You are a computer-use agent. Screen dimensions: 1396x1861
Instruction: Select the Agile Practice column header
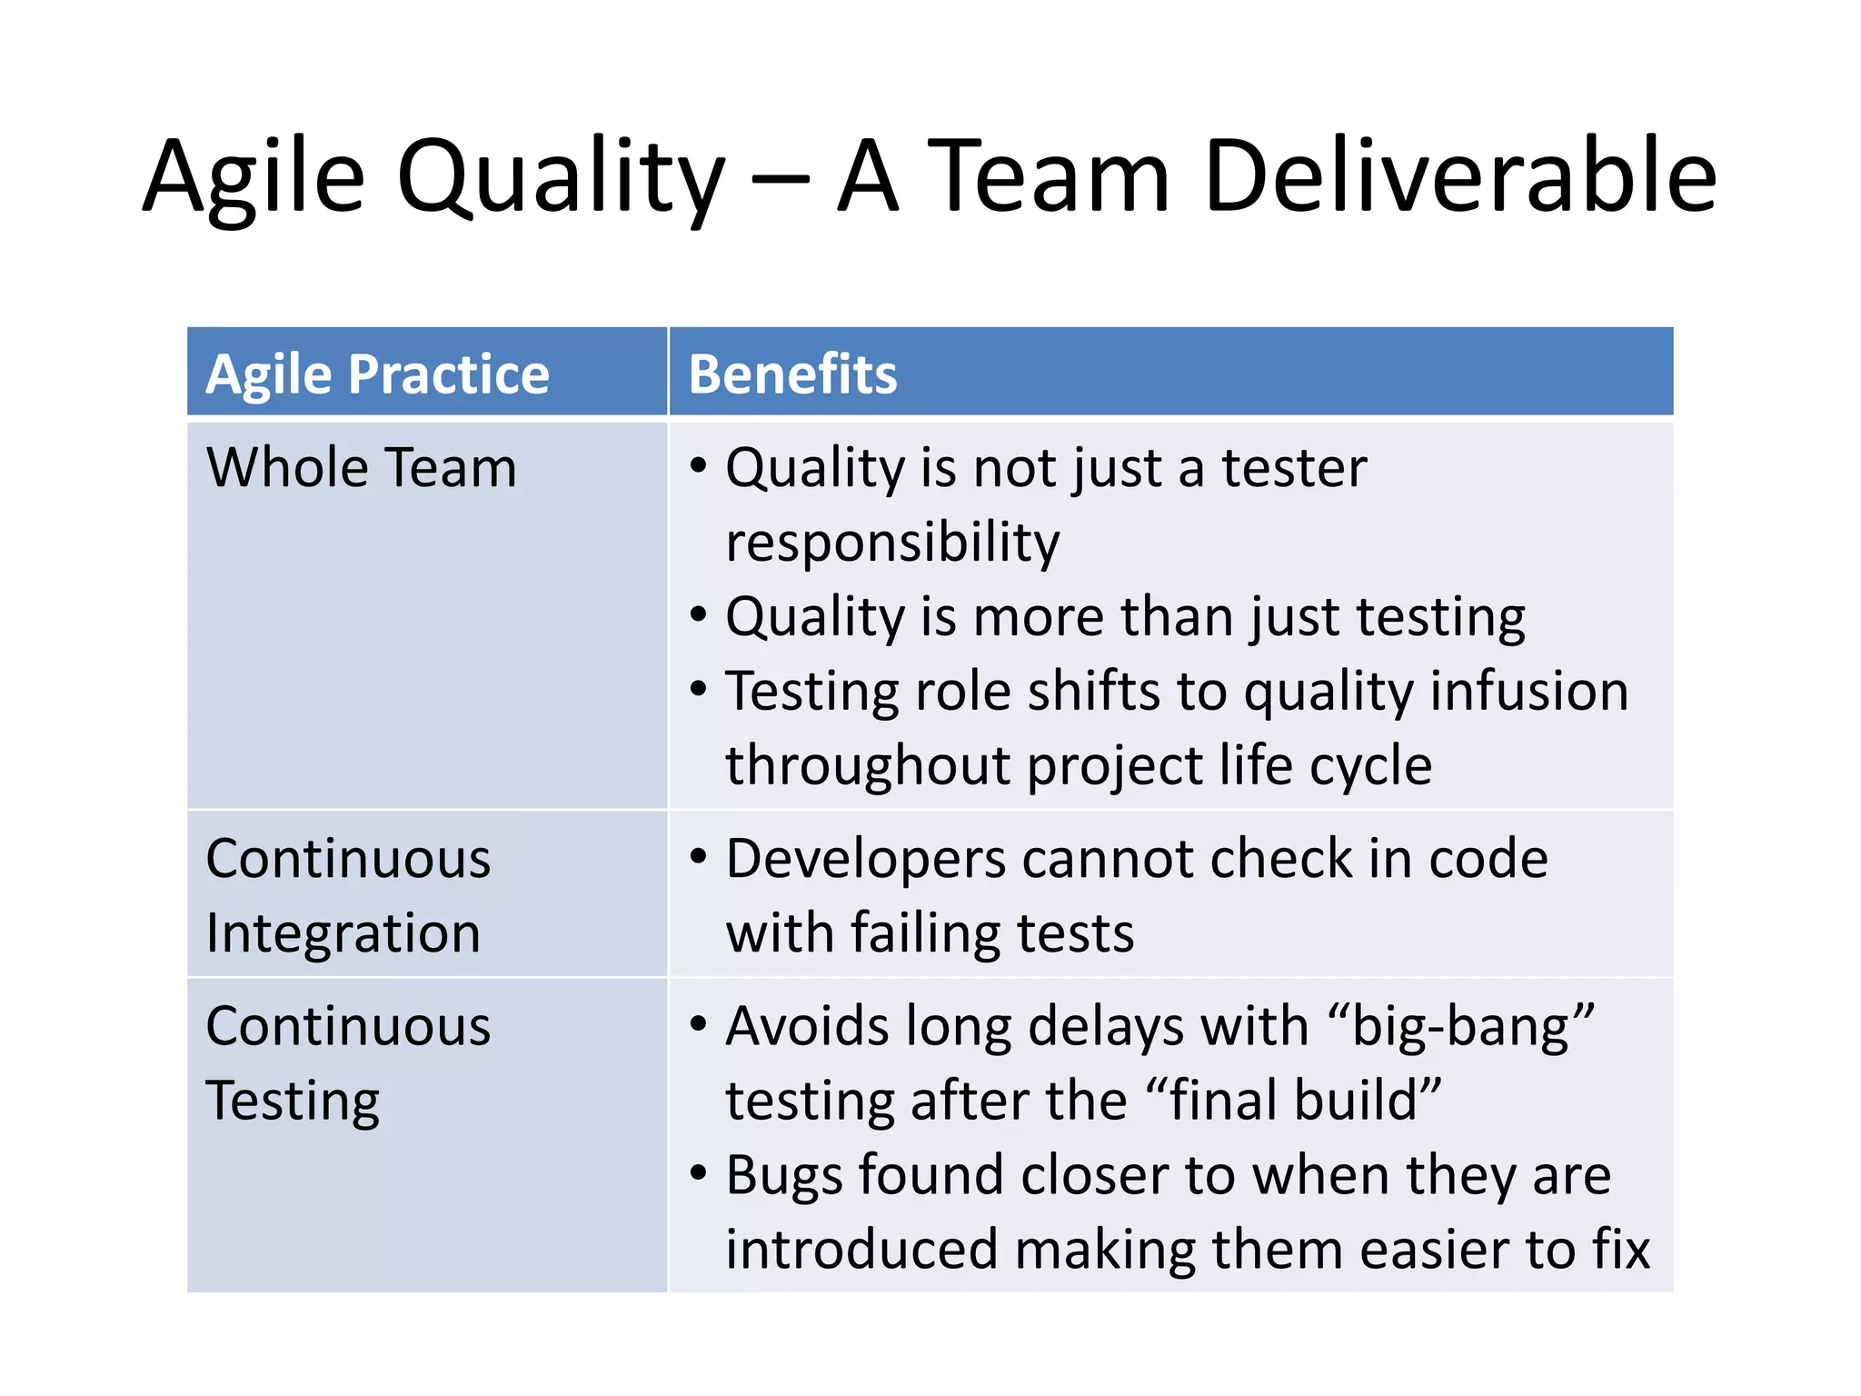[377, 374]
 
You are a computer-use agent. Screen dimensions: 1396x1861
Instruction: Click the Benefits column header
[792, 374]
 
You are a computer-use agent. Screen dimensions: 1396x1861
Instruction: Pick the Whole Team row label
[361, 467]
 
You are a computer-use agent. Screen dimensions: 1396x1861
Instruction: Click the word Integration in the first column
[343, 933]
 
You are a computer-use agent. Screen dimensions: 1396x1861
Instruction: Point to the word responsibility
[892, 543]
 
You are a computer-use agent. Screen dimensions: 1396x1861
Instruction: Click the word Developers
[866, 859]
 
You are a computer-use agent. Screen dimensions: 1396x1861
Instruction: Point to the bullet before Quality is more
[698, 615]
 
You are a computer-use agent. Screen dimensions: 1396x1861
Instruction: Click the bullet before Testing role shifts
[698, 690]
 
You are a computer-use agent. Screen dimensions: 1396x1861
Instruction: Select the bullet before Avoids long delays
[698, 1025]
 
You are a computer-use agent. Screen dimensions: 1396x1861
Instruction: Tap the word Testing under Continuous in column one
[293, 1101]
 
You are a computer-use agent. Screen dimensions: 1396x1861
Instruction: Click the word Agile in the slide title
[254, 177]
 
